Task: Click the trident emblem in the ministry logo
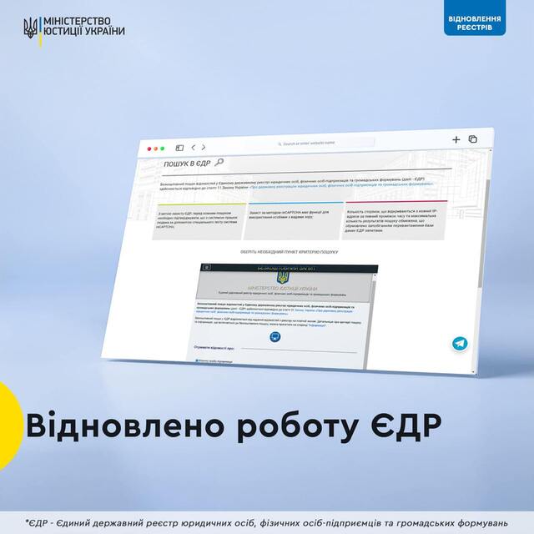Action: click(x=30, y=27)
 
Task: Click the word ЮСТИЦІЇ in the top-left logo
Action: click(x=65, y=33)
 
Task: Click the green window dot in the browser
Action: click(x=163, y=148)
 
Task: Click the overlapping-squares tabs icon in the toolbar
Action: click(x=472, y=139)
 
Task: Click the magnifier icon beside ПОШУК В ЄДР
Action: click(x=219, y=162)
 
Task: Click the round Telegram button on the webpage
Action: click(x=459, y=343)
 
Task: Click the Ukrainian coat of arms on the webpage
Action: click(x=280, y=275)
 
